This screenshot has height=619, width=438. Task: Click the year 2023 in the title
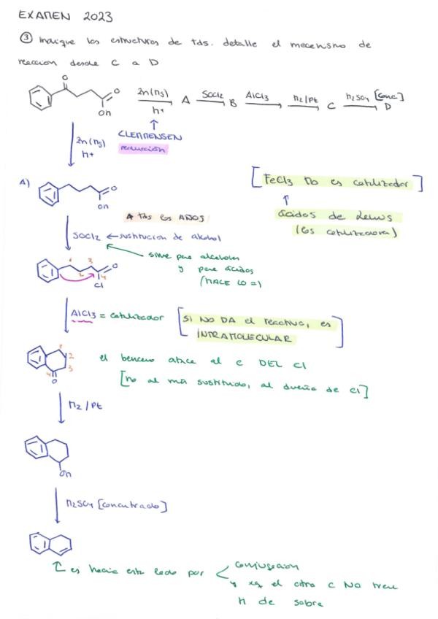tap(98, 16)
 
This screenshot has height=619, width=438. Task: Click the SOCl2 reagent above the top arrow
tap(212, 96)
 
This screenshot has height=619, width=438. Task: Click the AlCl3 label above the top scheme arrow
tap(259, 96)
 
